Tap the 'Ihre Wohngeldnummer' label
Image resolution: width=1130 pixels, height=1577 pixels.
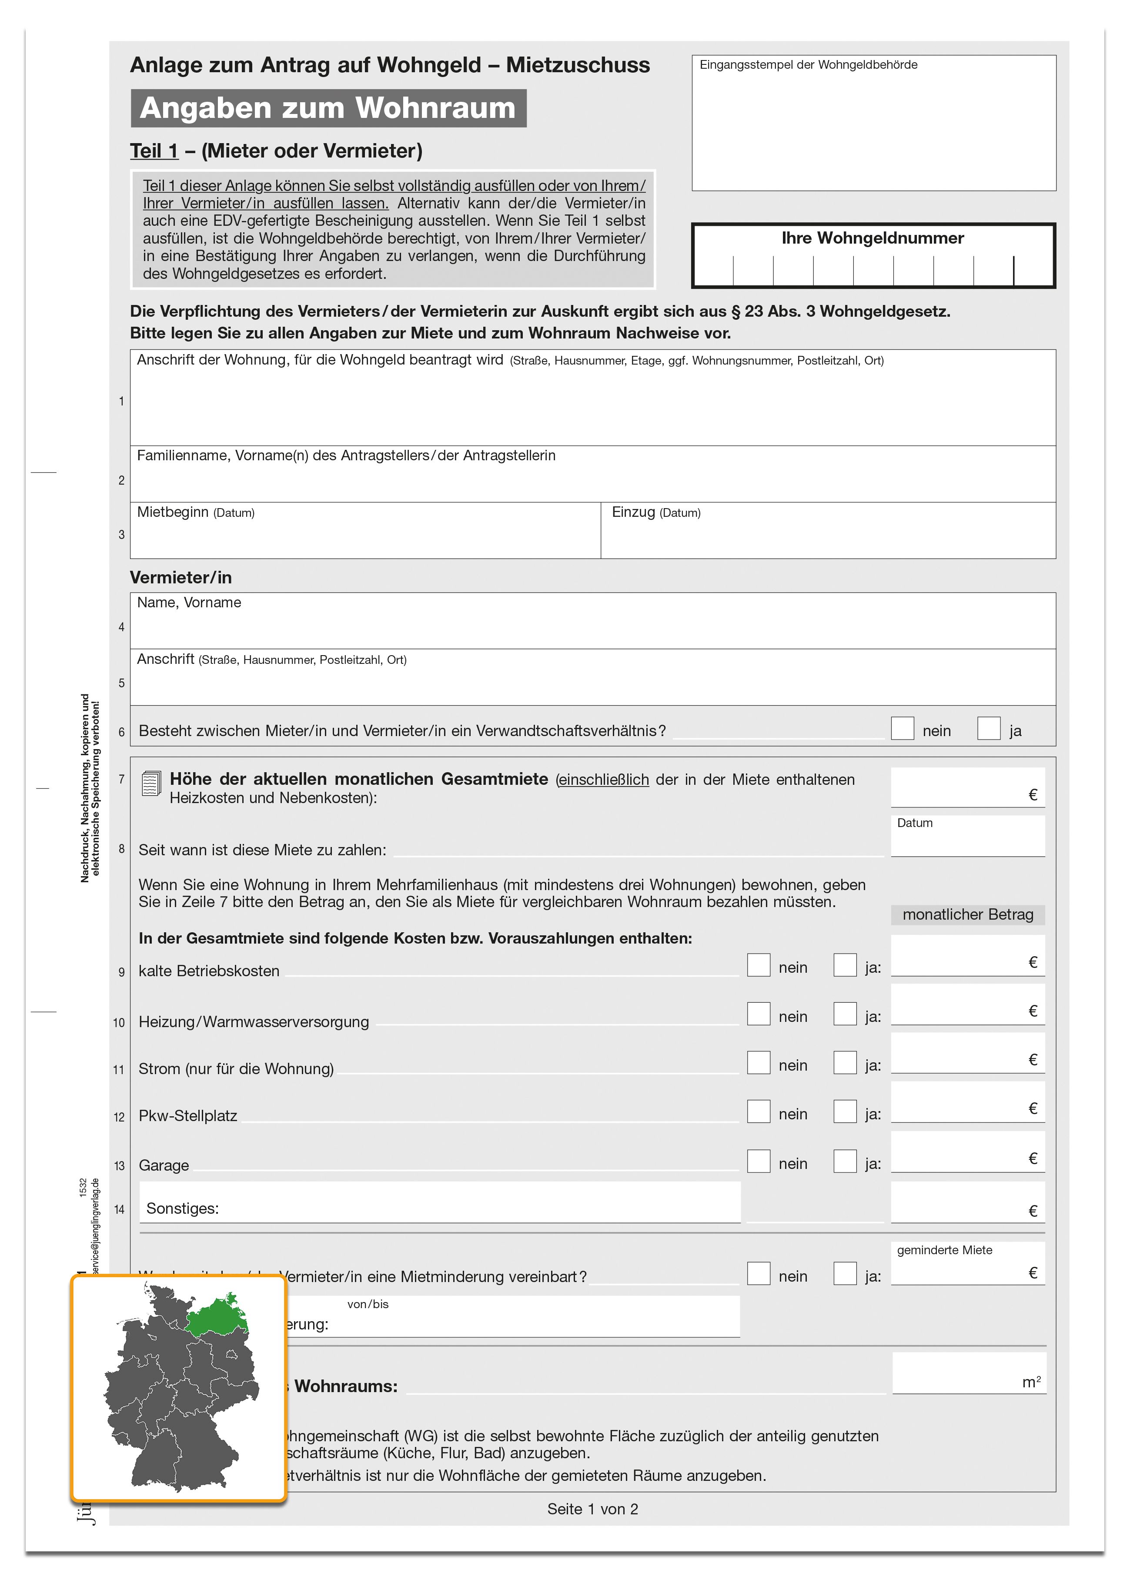pos(872,238)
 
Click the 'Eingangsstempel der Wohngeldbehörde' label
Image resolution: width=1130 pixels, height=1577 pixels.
pos(808,65)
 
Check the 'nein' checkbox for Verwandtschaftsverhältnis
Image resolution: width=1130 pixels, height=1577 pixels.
pos(902,729)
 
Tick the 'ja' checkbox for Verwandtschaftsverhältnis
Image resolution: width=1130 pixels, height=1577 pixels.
pos(988,729)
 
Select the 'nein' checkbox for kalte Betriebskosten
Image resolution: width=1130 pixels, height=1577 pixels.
pos(758,965)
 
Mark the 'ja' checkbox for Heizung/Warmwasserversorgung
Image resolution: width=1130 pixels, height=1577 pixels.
pos(845,1014)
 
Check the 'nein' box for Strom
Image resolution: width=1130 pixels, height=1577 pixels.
pos(758,1062)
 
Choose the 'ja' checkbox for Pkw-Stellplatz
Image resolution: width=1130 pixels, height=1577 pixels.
pos(845,1111)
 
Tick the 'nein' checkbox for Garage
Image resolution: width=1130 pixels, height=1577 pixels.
pos(758,1161)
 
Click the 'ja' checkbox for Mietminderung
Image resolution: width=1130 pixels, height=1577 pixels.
pos(845,1274)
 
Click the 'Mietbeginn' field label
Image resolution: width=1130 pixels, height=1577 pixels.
pos(172,512)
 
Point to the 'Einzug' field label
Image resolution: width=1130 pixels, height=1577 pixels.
pos(633,512)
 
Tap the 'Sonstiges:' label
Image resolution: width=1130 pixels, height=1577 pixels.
pos(182,1209)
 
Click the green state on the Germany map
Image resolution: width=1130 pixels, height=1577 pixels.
pos(217,1313)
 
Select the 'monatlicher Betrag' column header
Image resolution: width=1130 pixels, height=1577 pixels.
pos(967,915)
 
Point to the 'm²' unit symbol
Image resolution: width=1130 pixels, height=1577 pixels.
pos(1031,1382)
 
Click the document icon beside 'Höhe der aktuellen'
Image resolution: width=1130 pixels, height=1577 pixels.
pos(151,783)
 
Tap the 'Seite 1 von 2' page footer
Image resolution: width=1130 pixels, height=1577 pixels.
pos(592,1509)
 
